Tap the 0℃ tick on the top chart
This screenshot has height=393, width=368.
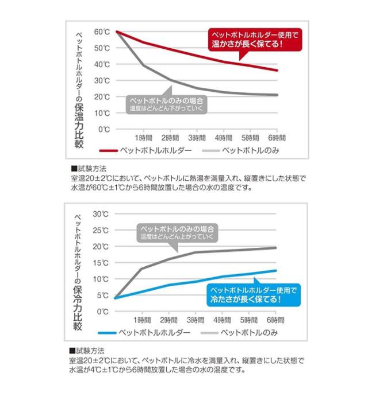[104, 130]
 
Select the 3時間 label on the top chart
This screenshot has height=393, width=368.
[196, 138]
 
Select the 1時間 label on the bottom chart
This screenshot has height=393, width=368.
[143, 320]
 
